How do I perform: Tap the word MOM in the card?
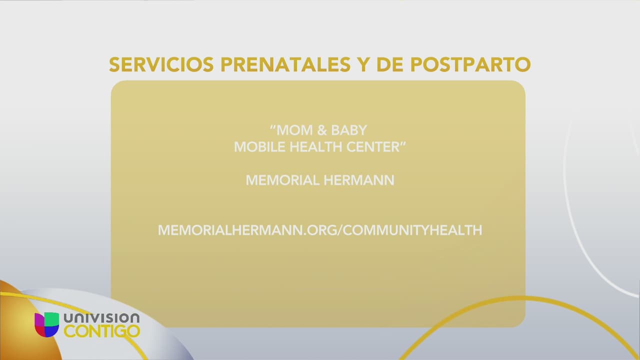294,130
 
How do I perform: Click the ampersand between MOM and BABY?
321,130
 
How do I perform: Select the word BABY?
349,130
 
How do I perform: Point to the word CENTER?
374,147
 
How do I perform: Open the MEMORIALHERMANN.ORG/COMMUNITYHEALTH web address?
320,230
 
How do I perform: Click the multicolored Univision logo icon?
46,324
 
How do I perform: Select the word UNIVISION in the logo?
101,318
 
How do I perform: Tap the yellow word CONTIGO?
102,331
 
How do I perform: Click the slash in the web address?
341,230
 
